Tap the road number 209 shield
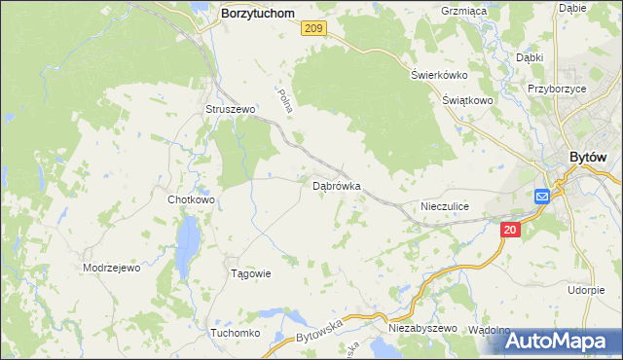tap(312, 30)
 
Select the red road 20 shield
tap(511, 230)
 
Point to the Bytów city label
tap(588, 159)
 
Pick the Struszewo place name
tap(230, 110)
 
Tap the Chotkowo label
tap(191, 199)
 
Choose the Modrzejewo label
tap(112, 268)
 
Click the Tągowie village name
tap(249, 273)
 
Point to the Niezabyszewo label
tap(422, 329)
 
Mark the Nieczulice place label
tap(445, 206)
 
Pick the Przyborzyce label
tap(556, 87)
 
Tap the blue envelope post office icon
tap(542, 196)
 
